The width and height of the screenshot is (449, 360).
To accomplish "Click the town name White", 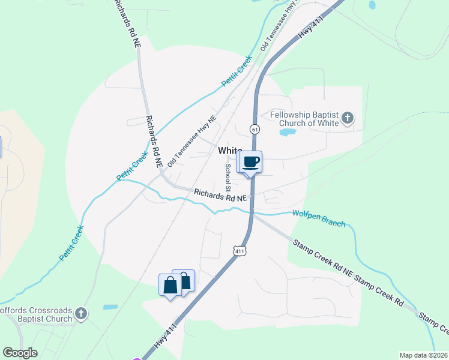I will [x=229, y=151].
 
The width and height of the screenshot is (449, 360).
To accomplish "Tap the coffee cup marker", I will [x=252, y=161].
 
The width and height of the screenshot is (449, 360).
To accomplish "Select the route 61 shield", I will [x=255, y=129].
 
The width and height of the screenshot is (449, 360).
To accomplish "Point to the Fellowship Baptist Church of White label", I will [x=304, y=119].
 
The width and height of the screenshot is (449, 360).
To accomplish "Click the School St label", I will [x=228, y=177].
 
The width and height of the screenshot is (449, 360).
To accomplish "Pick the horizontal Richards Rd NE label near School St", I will [x=220, y=195].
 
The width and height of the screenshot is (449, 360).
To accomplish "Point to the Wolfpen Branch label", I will [x=319, y=218].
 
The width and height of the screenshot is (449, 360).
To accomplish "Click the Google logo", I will [x=20, y=353].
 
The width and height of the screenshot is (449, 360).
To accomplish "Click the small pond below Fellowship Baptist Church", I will [x=288, y=131].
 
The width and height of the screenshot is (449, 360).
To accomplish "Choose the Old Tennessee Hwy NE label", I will [x=191, y=140].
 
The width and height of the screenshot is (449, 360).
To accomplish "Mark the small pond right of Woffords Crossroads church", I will [x=110, y=307].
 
